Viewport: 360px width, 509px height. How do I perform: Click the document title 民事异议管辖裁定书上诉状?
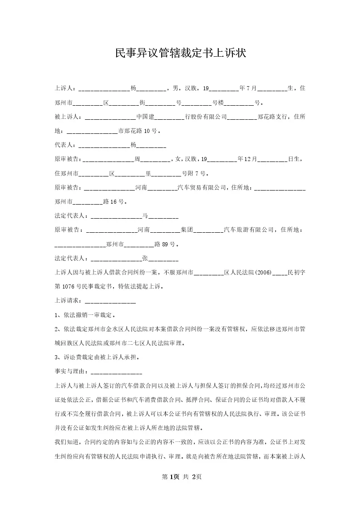(180, 53)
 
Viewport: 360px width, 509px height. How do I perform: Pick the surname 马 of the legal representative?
(145, 216)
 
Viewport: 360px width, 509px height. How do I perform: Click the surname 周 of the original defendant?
(138, 159)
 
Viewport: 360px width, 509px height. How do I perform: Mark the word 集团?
(187, 230)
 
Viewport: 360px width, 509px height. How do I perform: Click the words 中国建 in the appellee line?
(146, 117)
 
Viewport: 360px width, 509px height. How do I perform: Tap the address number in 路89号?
(165, 244)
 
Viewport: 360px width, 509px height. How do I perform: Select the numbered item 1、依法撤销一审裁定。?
(84, 315)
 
